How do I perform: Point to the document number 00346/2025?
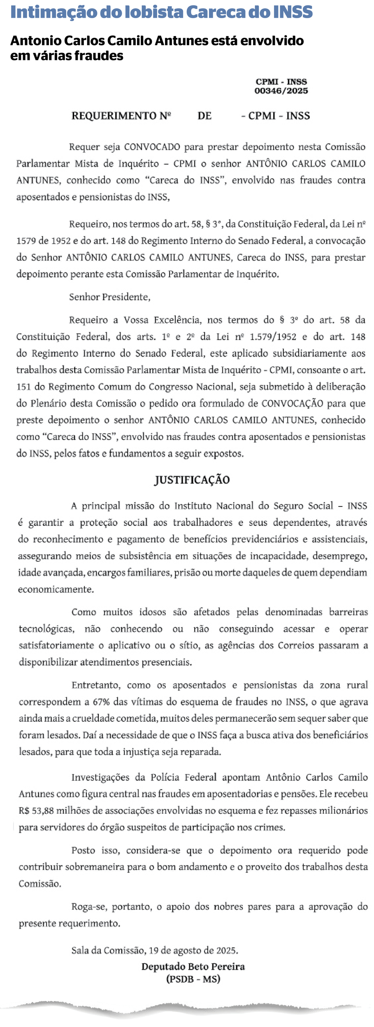(281, 91)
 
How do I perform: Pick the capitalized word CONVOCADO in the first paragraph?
(152, 147)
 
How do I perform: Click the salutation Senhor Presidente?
(109, 297)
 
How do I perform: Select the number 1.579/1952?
(273, 337)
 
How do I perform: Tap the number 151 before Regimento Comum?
(23, 387)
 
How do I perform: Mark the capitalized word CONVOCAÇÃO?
(292, 403)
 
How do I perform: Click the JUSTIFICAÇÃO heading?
(192, 480)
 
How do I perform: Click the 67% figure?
(101, 702)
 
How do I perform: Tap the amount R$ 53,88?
(36, 811)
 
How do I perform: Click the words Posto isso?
(95, 850)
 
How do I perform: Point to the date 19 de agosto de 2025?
(193, 951)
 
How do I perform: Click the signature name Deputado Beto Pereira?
(193, 967)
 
